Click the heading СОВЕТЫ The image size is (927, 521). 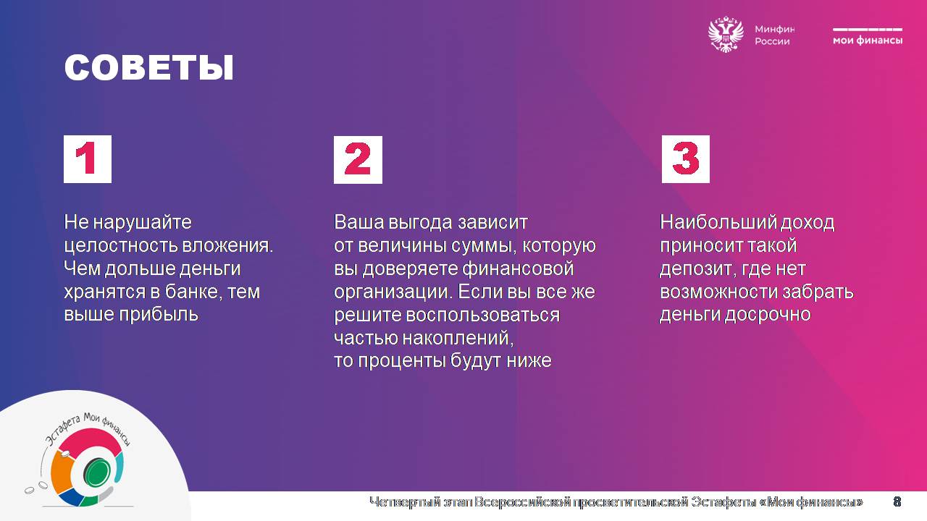click(x=149, y=67)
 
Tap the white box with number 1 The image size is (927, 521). click(x=88, y=159)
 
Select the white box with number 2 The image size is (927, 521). click(x=358, y=160)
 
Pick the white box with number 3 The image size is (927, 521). click(x=686, y=159)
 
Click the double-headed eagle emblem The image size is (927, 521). click(x=726, y=34)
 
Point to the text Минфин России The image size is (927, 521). click(x=775, y=35)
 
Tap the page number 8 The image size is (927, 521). click(x=897, y=502)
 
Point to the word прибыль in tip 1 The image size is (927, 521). click(x=159, y=315)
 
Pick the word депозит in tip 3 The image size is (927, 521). click(x=696, y=269)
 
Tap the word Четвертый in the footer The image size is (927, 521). click(x=404, y=502)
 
